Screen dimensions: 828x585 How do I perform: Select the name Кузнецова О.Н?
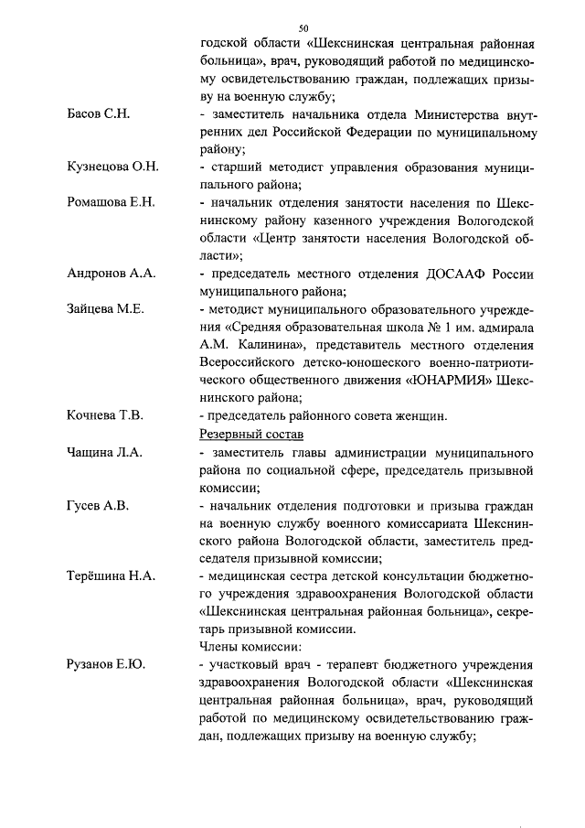[x=113, y=166]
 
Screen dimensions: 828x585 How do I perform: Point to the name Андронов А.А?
[x=112, y=273]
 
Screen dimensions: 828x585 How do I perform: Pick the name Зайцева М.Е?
[x=106, y=308]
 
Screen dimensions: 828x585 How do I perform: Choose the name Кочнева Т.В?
[x=105, y=415]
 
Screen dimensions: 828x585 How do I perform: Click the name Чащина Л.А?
[x=105, y=451]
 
